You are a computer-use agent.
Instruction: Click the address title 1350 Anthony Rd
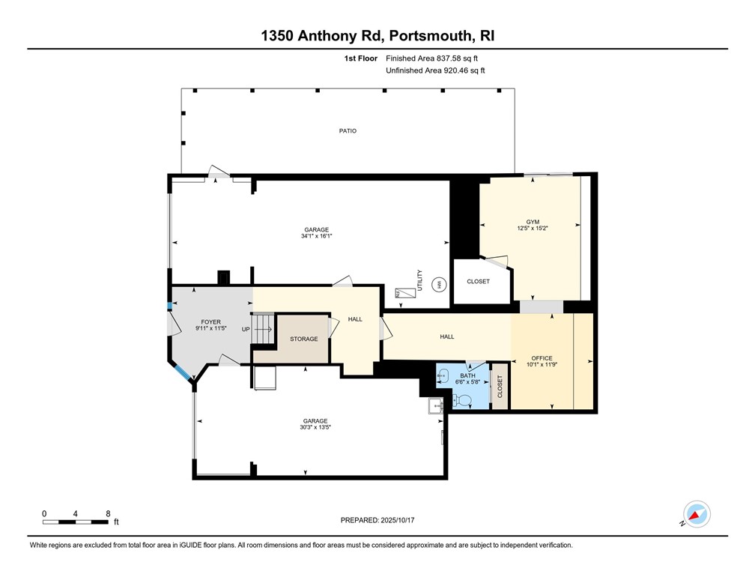point(377,35)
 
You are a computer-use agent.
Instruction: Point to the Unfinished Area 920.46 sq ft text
point(435,70)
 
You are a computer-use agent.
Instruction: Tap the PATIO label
point(347,131)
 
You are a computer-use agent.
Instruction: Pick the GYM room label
point(533,222)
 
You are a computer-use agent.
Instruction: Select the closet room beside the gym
point(478,281)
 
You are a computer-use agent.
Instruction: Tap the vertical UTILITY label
point(420,280)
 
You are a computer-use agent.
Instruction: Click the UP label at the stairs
point(246,329)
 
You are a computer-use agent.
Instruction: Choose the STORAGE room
point(303,339)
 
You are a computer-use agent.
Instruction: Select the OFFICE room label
point(541,358)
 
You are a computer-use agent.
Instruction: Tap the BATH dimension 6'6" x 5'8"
point(467,381)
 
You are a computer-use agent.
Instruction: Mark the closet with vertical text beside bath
point(500,387)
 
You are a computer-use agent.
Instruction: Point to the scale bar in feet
point(76,520)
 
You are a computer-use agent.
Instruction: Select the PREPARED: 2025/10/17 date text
point(377,521)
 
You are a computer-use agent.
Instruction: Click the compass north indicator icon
point(697,515)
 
